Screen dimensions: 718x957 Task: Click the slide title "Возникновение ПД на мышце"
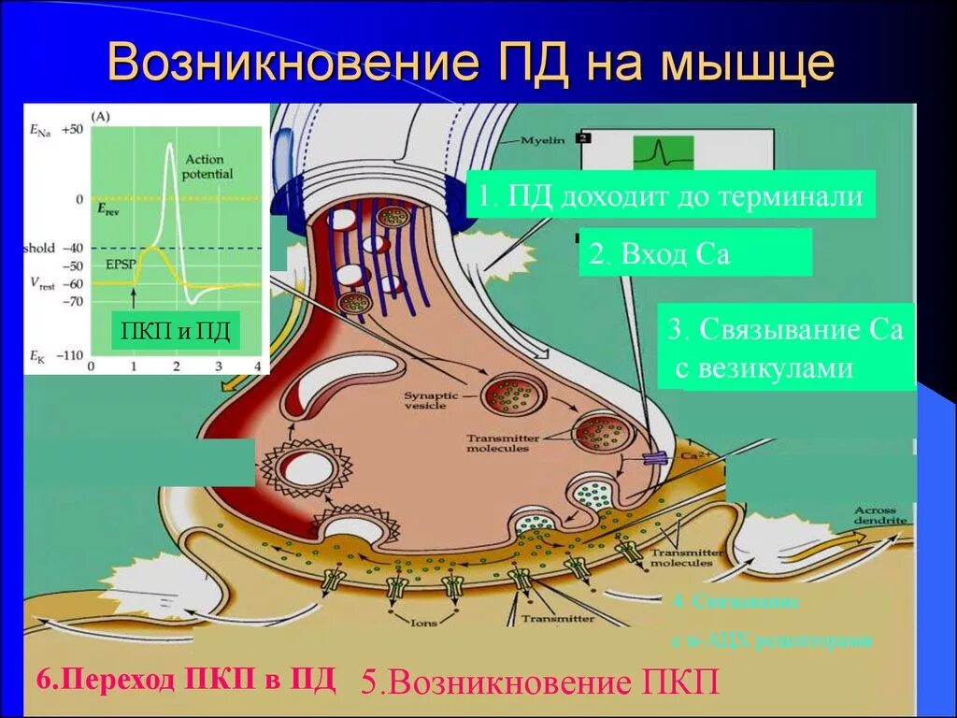tap(471, 63)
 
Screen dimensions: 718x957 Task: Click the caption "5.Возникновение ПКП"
tap(541, 682)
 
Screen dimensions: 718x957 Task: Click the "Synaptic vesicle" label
tap(431, 401)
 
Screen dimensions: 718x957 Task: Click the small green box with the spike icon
tap(664, 151)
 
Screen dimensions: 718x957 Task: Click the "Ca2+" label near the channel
tap(693, 455)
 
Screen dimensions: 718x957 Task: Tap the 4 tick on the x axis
tap(257, 366)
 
